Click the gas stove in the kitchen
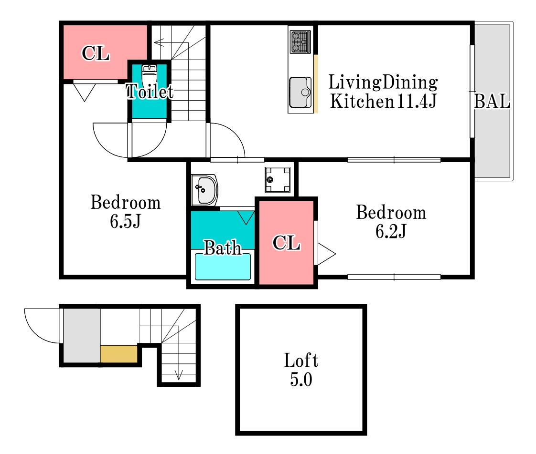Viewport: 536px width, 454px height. tap(300, 42)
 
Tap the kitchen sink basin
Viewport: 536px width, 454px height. tap(300, 92)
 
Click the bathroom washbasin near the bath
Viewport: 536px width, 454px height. tap(204, 190)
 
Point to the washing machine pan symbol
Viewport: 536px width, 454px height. tap(278, 179)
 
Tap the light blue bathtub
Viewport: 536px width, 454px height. tap(223, 267)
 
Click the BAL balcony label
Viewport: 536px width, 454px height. tap(492, 102)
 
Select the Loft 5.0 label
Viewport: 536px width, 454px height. tap(301, 370)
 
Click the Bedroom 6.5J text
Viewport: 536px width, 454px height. tap(126, 212)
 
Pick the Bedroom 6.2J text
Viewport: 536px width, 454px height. tap(391, 222)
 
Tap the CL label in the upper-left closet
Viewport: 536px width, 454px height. tap(96, 53)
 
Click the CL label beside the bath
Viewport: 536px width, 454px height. tap(287, 243)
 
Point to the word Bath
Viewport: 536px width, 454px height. tap(223, 248)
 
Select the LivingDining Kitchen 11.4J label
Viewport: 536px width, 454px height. tap(383, 92)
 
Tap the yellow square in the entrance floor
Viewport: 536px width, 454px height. tap(119, 354)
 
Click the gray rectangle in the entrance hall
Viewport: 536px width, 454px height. tap(82, 336)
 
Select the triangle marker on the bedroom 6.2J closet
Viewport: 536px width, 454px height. tap(326, 254)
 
